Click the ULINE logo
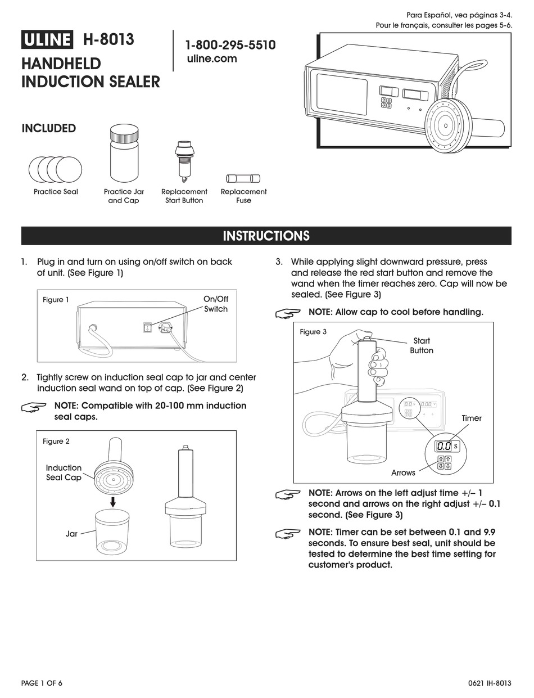(47, 40)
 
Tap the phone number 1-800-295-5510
(230, 45)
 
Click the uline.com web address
(211, 58)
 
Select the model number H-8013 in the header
(108, 40)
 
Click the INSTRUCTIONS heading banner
(266, 236)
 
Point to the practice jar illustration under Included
(124, 154)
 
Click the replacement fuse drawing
(243, 178)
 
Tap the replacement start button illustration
(184, 161)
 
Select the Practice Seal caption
(56, 192)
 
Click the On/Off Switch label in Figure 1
(216, 304)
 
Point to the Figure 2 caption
(56, 442)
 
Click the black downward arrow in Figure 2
(113, 501)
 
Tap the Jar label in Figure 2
(71, 533)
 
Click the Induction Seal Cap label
(64, 472)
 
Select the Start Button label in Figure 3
(421, 345)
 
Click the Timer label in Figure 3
(472, 418)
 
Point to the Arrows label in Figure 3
(403, 473)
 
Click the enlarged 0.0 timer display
(444, 446)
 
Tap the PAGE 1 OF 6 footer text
(42, 683)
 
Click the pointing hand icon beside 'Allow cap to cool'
(288, 313)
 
